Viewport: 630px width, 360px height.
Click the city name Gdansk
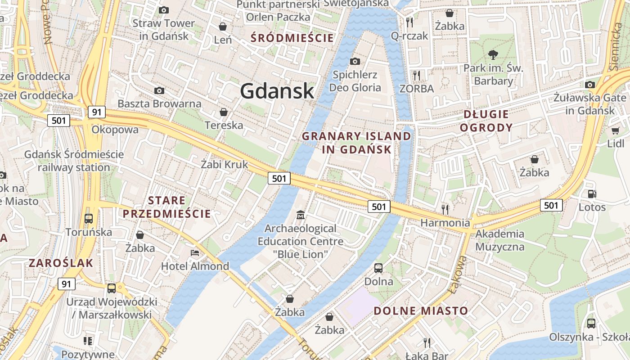tap(277, 91)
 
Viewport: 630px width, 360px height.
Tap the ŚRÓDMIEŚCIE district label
tap(292, 38)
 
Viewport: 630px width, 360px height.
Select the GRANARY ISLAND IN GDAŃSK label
tap(356, 143)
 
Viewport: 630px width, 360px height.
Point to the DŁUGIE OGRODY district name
tap(486, 121)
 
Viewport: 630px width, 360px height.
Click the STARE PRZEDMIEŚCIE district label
tap(166, 207)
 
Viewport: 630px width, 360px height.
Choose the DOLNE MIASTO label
tap(421, 310)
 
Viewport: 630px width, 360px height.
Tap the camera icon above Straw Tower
tap(164, 10)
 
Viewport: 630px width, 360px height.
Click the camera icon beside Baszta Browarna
tap(159, 91)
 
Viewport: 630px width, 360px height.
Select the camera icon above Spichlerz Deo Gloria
tap(355, 61)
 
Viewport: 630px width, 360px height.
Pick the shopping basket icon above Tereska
tap(223, 112)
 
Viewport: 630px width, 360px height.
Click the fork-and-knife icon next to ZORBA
tap(417, 75)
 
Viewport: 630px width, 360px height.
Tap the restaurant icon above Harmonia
tap(445, 209)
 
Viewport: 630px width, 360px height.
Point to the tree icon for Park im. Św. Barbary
tap(493, 55)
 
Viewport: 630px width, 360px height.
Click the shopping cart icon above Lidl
tap(615, 131)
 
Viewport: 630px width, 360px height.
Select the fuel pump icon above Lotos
tap(592, 194)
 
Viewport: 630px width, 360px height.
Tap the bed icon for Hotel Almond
tap(195, 253)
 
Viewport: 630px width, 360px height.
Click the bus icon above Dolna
tap(378, 268)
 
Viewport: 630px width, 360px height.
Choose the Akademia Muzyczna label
tap(499, 240)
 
